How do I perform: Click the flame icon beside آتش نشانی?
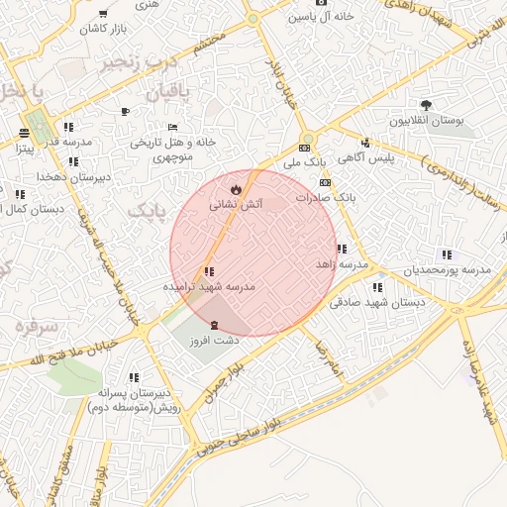236,187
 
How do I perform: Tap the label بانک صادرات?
325,198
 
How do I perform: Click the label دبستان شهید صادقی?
377,303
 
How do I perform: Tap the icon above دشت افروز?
215,325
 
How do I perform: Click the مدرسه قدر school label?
68,142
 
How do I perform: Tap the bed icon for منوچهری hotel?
172,127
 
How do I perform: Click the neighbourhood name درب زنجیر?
139,62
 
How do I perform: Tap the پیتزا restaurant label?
24,149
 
